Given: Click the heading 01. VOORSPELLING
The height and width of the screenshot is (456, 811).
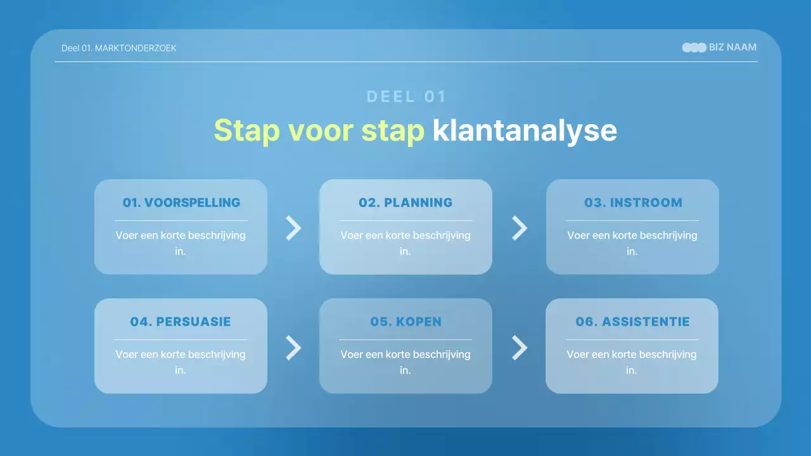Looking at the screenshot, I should pyautogui.click(x=181, y=203).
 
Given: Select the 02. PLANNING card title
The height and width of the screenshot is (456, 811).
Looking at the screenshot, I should pyautogui.click(x=405, y=203).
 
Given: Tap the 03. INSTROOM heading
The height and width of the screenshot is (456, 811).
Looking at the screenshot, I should pyautogui.click(x=632, y=203).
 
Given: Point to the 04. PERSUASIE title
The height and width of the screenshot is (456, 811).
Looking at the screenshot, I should pyautogui.click(x=181, y=322).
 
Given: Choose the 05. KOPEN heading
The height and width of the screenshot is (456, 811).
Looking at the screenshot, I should pyautogui.click(x=405, y=322).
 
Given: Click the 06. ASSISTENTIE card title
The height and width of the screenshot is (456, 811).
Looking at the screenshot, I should pyautogui.click(x=632, y=322).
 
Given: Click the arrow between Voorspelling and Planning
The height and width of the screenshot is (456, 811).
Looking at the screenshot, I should pyautogui.click(x=293, y=228).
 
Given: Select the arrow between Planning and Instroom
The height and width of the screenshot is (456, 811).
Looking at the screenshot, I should pyautogui.click(x=519, y=228).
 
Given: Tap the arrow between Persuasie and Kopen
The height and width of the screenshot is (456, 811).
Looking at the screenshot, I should pyautogui.click(x=293, y=347).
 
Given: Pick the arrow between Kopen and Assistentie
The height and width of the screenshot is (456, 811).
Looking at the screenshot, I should pyautogui.click(x=519, y=347).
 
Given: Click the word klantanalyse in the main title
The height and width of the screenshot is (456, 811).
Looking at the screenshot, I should pyautogui.click(x=524, y=130).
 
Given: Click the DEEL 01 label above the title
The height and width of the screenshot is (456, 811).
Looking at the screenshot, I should pyautogui.click(x=406, y=97).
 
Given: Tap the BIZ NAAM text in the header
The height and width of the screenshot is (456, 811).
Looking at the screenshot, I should pyautogui.click(x=732, y=47).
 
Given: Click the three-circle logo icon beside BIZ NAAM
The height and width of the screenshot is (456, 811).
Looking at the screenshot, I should pyautogui.click(x=694, y=47).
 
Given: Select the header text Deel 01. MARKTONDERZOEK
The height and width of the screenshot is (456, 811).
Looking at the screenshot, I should pyautogui.click(x=118, y=48).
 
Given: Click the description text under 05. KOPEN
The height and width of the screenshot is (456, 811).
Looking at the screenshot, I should pyautogui.click(x=405, y=362).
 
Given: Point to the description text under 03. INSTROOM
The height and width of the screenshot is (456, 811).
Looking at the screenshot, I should pyautogui.click(x=632, y=243).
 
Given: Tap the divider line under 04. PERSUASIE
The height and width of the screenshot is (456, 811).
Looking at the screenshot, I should pyautogui.click(x=181, y=340).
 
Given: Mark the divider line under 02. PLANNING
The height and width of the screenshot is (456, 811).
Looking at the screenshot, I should pyautogui.click(x=405, y=221).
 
